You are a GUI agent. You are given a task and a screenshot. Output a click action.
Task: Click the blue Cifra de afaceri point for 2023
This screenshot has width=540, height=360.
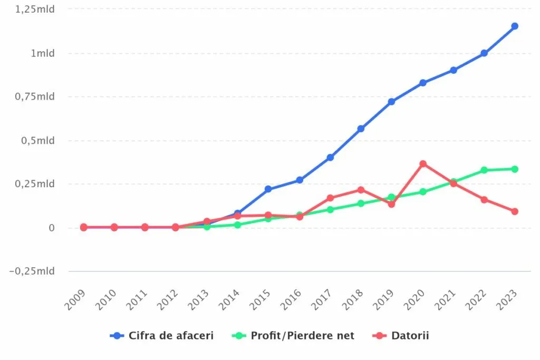point(515,26)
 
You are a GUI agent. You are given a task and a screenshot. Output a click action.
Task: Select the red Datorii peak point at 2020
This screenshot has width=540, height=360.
point(423,164)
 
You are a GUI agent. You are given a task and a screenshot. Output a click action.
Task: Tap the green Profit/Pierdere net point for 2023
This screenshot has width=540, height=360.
point(515,169)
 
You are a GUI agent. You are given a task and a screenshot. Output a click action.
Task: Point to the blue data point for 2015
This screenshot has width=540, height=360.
point(268,189)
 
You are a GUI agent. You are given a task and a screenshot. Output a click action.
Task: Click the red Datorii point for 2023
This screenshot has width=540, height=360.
point(515,211)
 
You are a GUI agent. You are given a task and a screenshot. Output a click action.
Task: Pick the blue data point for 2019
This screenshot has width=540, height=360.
point(391,102)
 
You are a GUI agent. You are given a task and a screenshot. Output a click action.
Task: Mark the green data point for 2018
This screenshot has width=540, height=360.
point(361,203)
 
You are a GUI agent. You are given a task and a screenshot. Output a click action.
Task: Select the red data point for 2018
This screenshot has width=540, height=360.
point(361,190)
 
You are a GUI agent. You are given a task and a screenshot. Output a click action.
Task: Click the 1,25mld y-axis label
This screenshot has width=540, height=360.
point(35,9)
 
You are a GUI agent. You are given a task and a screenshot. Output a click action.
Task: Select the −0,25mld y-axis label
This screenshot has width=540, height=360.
point(33,271)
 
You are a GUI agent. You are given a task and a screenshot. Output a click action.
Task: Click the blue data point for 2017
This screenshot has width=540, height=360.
point(330,158)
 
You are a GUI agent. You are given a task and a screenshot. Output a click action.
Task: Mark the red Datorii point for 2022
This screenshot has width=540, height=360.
point(484,200)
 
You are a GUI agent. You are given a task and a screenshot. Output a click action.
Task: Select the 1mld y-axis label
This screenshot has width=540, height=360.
point(42,53)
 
